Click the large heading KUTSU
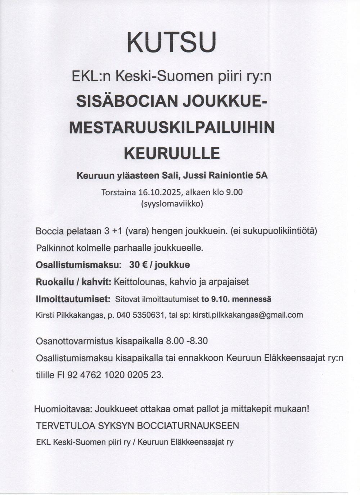click(x=172, y=42)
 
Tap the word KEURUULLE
click(x=172, y=153)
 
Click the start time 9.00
click(x=234, y=192)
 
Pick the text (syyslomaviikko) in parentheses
click(x=172, y=204)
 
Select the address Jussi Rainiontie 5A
click(x=226, y=176)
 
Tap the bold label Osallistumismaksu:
click(x=78, y=265)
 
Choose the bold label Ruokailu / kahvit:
click(x=73, y=282)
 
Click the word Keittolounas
click(x=139, y=282)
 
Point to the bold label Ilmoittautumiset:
click(x=73, y=299)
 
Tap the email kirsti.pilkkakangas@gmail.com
click(x=248, y=315)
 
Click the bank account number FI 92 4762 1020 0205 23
click(x=110, y=375)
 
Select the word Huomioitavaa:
click(x=63, y=409)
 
